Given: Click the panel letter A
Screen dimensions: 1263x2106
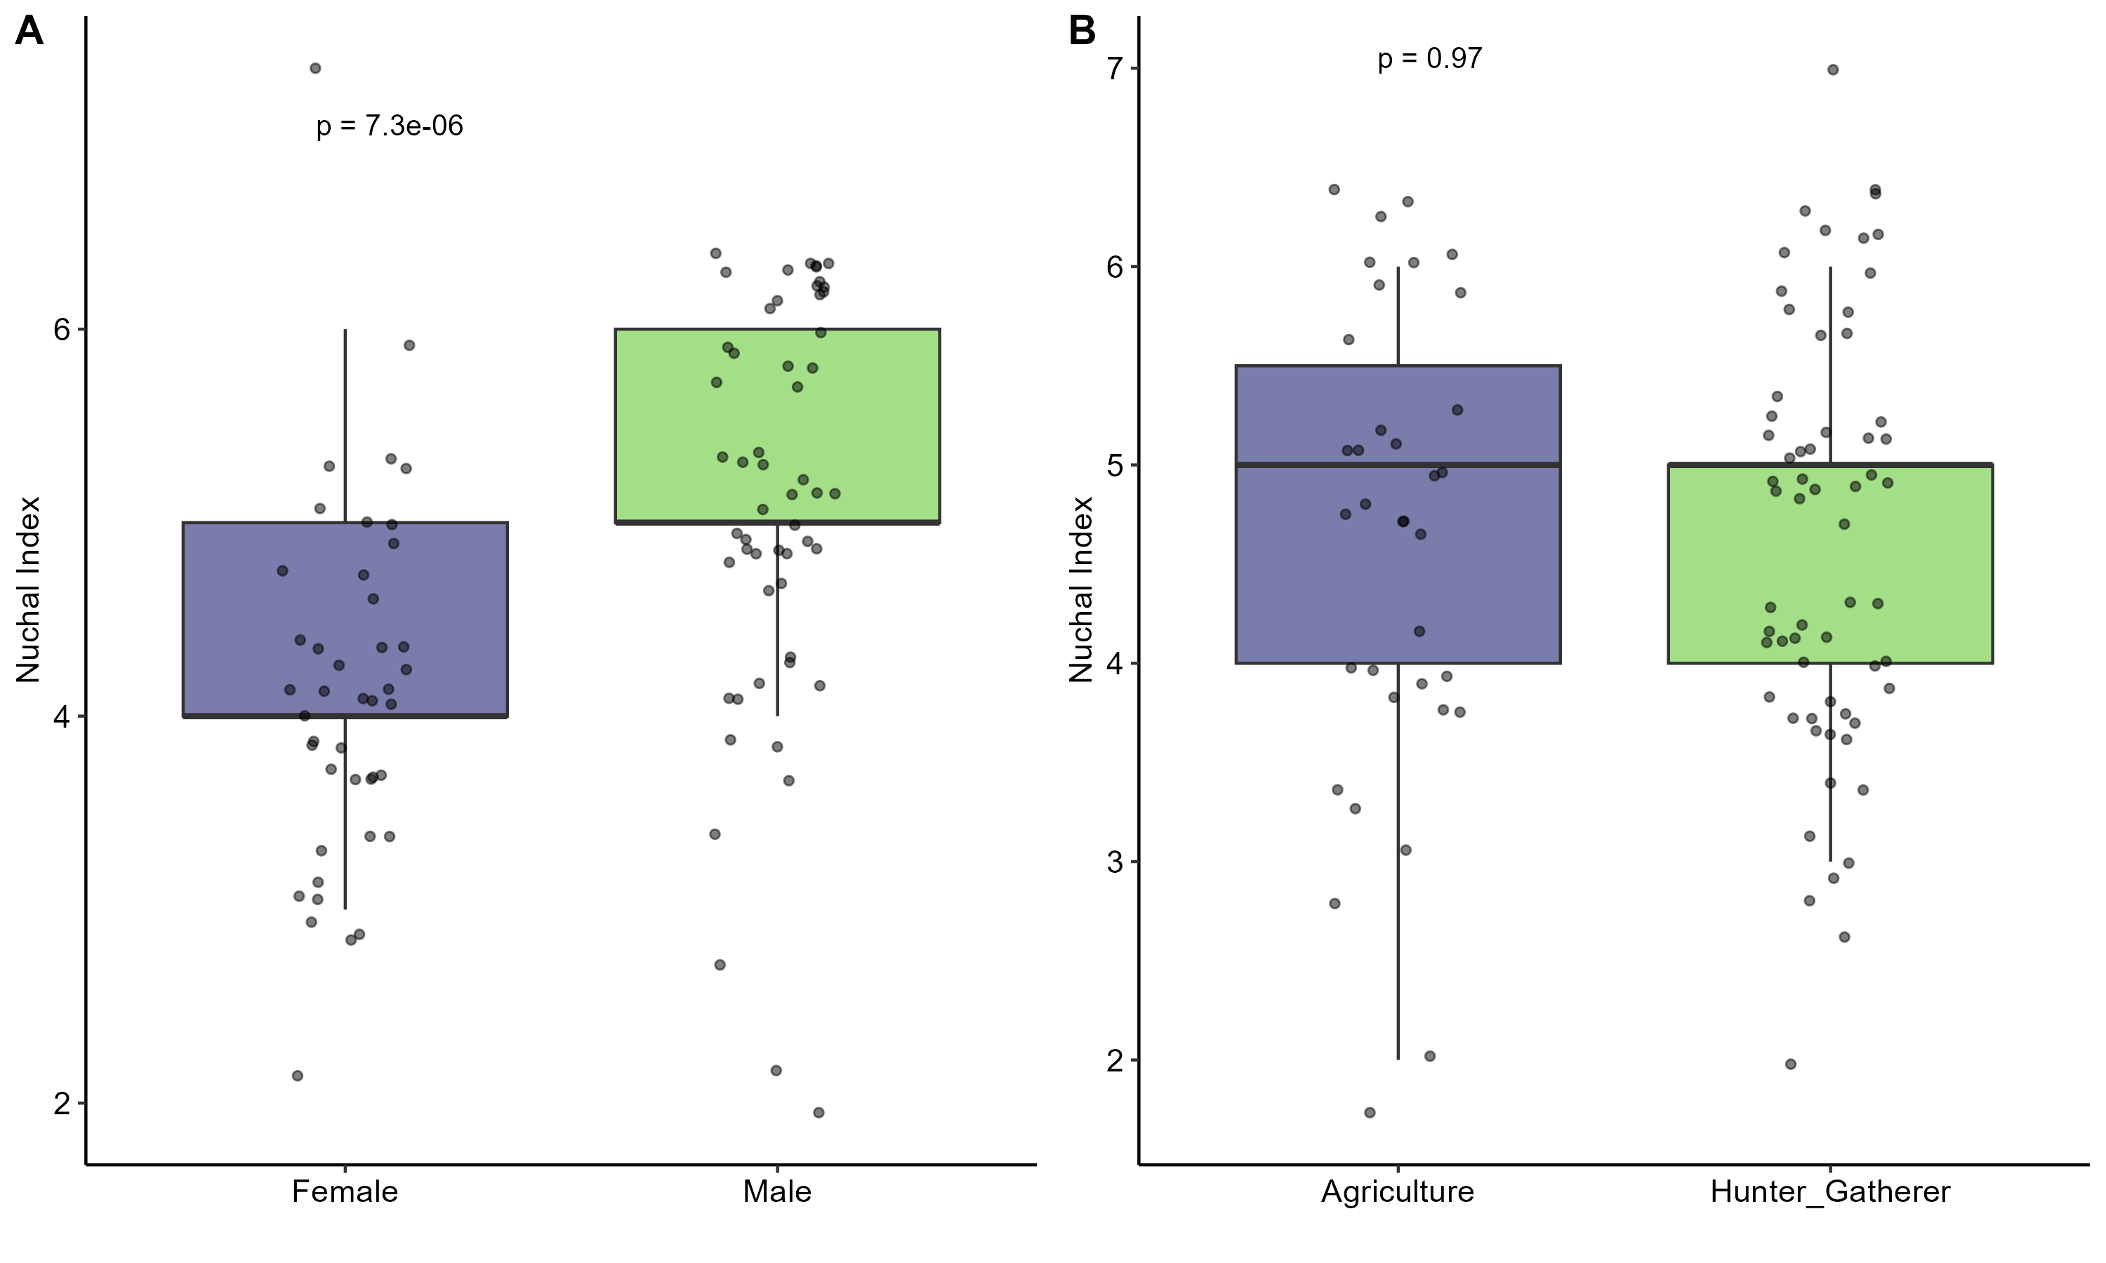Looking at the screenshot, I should click(29, 32).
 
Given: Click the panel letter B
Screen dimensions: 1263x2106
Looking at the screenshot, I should click(1082, 32).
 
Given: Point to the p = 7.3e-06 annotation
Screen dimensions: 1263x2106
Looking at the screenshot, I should click(389, 126).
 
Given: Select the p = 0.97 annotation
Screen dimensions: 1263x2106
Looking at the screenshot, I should click(1429, 59).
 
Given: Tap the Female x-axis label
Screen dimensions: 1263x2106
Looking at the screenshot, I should click(345, 1191).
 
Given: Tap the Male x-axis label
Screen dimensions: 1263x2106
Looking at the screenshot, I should click(776, 1191).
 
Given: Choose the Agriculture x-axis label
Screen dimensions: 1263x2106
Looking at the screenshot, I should click(1397, 1191).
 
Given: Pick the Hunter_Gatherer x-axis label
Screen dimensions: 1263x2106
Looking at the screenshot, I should click(1830, 1191).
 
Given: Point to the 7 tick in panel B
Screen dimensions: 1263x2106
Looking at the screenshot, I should click(1116, 68).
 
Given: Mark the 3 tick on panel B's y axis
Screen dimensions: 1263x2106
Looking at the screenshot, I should click(1116, 862).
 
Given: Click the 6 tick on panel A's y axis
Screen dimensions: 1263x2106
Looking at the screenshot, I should click(62, 329).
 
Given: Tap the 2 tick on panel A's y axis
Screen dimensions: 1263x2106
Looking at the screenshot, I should click(62, 1104).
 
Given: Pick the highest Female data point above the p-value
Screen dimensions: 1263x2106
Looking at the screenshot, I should click(315, 68).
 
